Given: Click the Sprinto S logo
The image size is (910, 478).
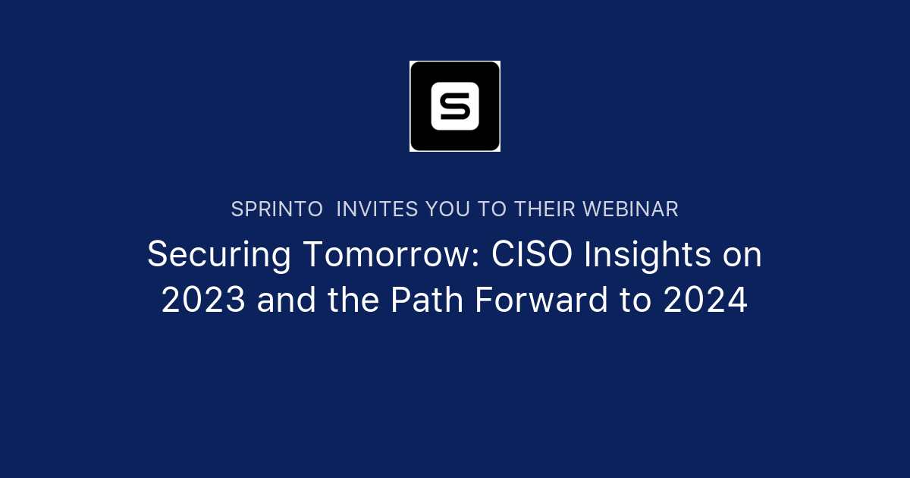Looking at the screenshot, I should tap(455, 106).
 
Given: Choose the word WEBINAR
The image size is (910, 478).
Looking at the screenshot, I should tap(632, 209).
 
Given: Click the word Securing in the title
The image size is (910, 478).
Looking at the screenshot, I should tap(218, 256).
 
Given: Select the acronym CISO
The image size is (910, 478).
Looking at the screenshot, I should tap(530, 255).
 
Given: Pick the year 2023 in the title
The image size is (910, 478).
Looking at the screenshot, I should tap(203, 301).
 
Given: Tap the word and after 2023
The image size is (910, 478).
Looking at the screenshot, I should tap(287, 301).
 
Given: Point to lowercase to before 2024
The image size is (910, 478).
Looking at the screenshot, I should tap(634, 301).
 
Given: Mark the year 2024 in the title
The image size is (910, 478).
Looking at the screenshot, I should tap(705, 301).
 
